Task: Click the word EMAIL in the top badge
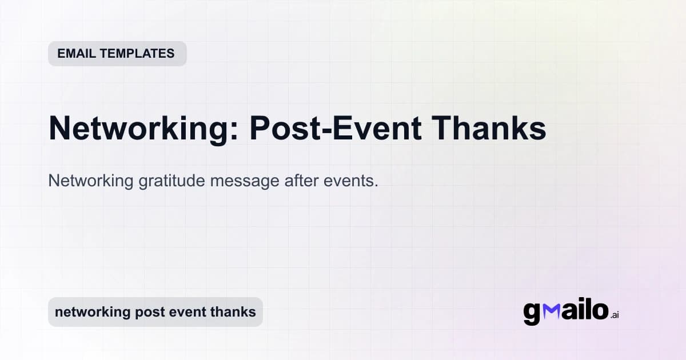[x=77, y=54]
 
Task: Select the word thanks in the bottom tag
[x=233, y=312]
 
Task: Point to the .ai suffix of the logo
[x=615, y=315]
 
